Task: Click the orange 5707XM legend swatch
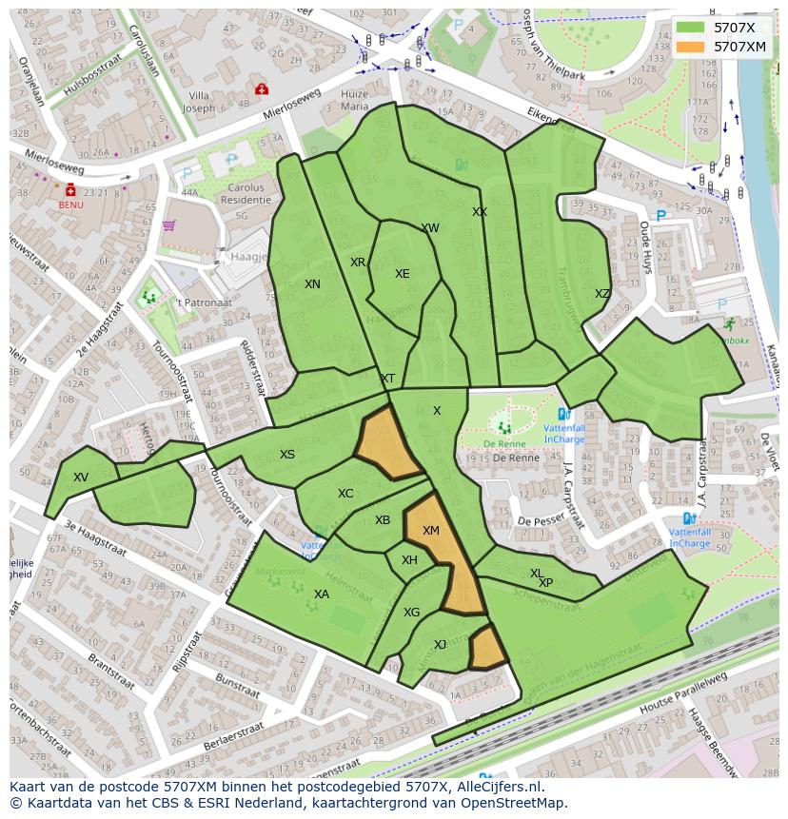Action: (x=693, y=47)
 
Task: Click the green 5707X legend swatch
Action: (x=693, y=28)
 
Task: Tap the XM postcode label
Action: (x=431, y=531)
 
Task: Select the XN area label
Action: (x=312, y=284)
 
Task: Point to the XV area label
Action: (x=81, y=478)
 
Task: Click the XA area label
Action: (x=322, y=595)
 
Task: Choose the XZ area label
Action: (x=602, y=294)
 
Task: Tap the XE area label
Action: (x=403, y=274)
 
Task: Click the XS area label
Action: (x=287, y=455)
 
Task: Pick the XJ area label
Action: (x=440, y=645)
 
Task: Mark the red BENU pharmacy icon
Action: (x=70, y=190)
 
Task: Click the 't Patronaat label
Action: (x=203, y=302)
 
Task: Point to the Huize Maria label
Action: (x=354, y=101)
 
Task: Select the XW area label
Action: (x=430, y=228)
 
